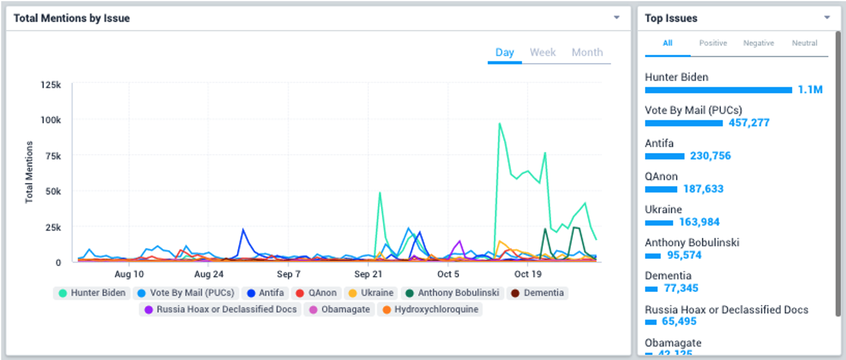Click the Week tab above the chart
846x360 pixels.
coord(542,52)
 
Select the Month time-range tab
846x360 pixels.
coord(587,52)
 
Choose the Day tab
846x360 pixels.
coord(504,52)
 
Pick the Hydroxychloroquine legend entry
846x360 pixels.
coord(430,309)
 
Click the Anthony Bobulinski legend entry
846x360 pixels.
coord(452,293)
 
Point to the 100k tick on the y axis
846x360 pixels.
coord(51,120)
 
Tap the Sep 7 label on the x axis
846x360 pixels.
coord(289,275)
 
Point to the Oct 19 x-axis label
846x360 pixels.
coord(527,275)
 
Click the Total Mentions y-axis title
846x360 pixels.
coord(29,172)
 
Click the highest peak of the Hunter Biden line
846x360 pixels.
coord(499,123)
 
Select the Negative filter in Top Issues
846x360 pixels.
coord(758,43)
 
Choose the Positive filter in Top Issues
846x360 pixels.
coord(713,43)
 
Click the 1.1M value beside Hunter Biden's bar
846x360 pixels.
coord(810,90)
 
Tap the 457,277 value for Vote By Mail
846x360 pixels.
coord(749,123)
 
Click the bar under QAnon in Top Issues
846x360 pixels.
coord(661,189)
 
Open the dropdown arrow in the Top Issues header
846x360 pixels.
coord(827,18)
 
